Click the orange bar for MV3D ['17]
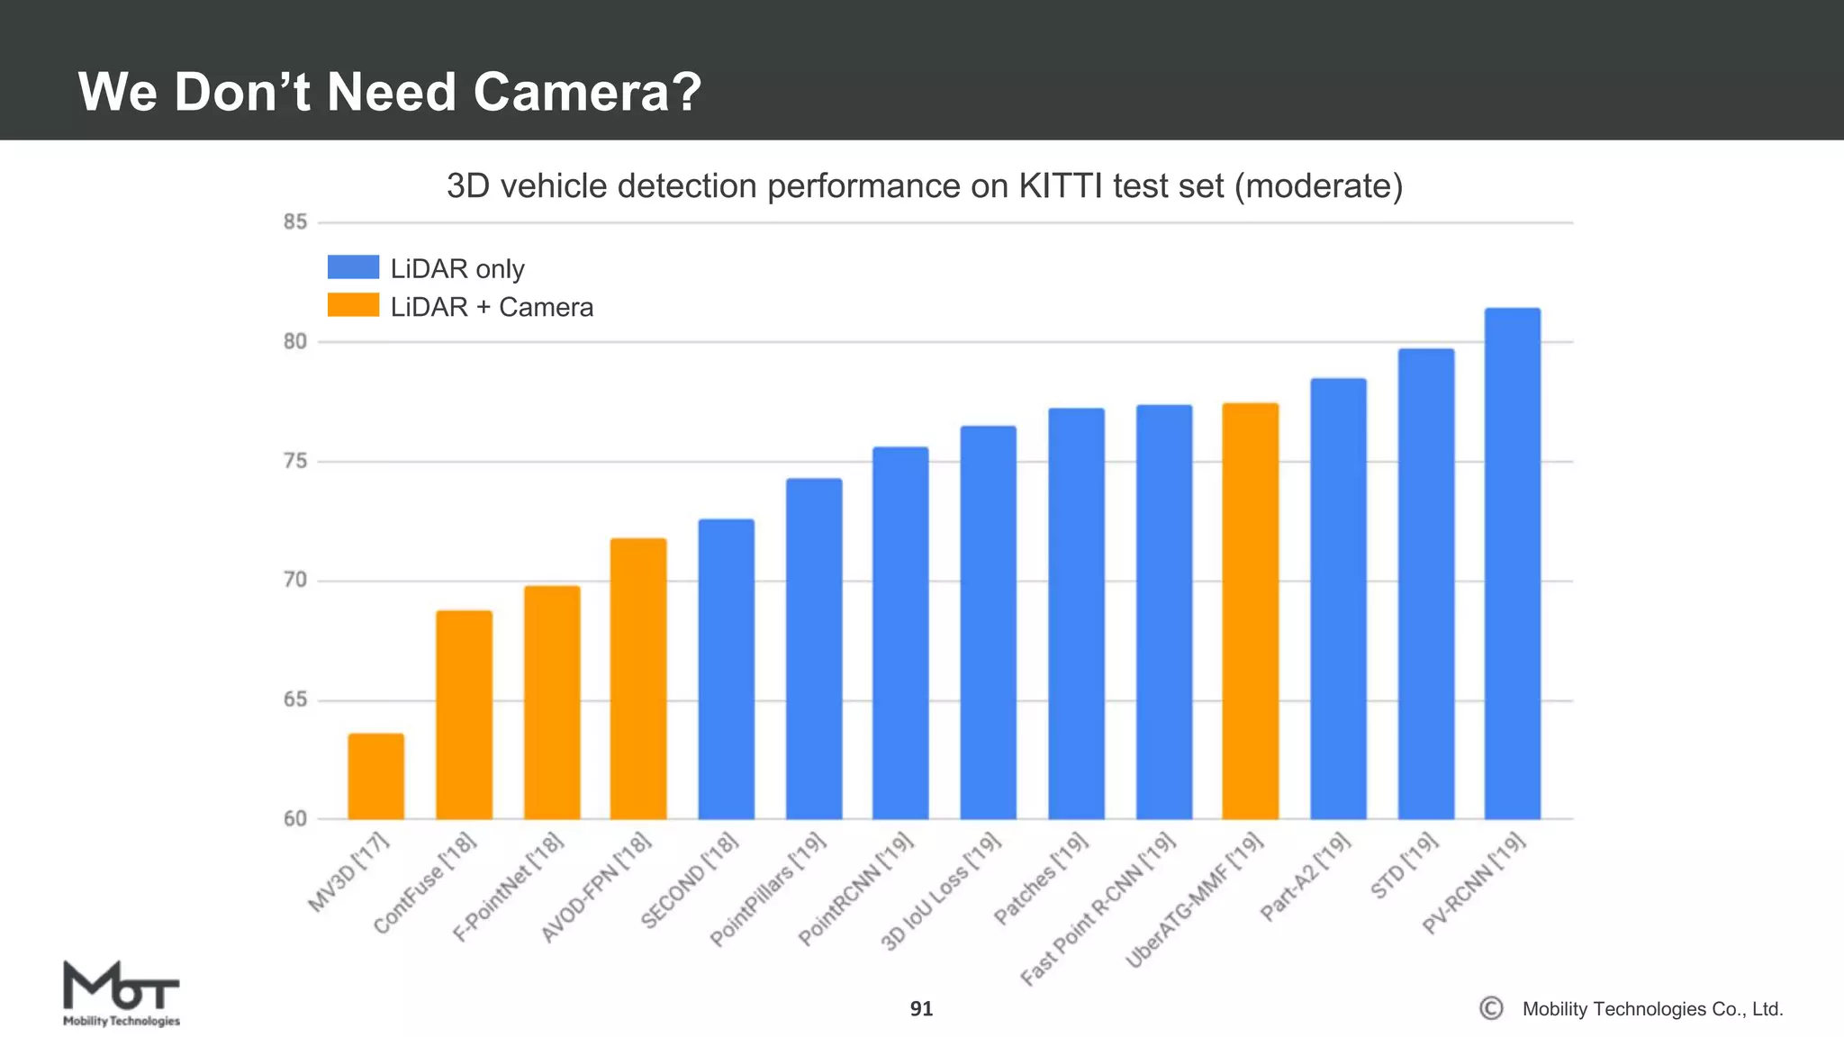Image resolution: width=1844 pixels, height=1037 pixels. tap(375, 776)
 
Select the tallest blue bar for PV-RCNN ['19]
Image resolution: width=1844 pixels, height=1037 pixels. tap(1512, 564)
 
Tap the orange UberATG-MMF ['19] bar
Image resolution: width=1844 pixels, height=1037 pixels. tap(1250, 611)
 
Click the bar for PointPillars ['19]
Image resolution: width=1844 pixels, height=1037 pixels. tap(814, 648)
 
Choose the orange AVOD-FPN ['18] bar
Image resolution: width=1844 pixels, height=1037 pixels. tap(638, 679)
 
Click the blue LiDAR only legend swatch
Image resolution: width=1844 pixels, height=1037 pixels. tap(353, 267)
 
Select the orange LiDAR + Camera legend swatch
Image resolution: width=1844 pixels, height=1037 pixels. tap(353, 305)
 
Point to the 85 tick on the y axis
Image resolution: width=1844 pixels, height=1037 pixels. tap(295, 221)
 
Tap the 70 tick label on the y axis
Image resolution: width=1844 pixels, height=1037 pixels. tap(295, 581)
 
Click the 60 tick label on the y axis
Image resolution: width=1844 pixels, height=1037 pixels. tap(295, 819)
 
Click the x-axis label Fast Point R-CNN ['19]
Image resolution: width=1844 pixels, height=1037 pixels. tap(1098, 908)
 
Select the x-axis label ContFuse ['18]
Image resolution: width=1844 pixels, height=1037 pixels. tap(424, 884)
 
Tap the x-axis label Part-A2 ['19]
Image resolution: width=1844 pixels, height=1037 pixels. tap(1306, 877)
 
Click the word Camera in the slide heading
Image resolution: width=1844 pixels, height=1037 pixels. tap(585, 92)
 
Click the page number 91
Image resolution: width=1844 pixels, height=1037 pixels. tap(921, 1009)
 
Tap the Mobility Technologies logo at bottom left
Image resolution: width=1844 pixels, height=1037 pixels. tap(121, 994)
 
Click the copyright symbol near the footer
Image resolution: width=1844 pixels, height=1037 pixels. tap(1491, 1008)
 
